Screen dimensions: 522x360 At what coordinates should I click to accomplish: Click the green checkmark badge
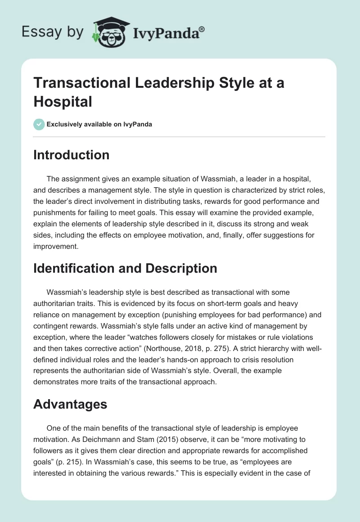(x=39, y=124)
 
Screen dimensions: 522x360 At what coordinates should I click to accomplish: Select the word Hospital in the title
(x=63, y=101)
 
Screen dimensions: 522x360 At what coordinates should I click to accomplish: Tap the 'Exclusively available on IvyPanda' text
(x=99, y=124)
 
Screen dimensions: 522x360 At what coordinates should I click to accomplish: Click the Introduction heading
(x=71, y=155)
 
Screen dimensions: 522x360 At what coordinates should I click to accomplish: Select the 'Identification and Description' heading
(x=125, y=269)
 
